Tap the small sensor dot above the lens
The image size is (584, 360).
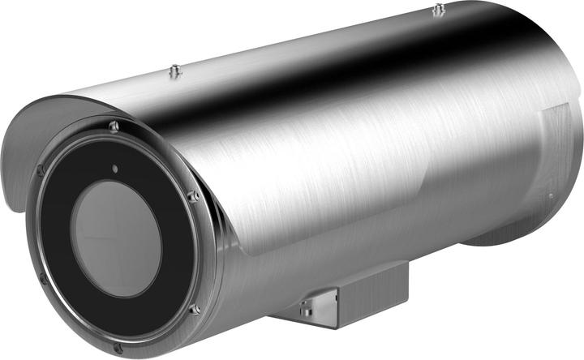point(115,169)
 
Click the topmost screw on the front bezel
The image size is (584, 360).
point(114,126)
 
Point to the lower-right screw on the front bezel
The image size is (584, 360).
point(195,309)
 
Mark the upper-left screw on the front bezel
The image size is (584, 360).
point(40,170)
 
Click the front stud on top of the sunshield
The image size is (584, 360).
point(173,71)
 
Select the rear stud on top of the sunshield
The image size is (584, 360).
point(438,10)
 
